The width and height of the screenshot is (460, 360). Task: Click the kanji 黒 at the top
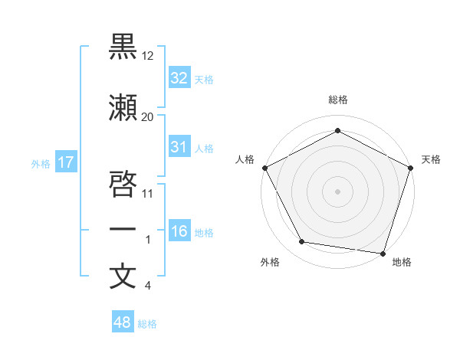click(x=123, y=46)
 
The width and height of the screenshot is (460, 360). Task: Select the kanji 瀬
click(x=123, y=109)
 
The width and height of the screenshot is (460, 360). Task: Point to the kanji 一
click(x=123, y=229)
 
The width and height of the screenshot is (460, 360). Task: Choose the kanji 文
click(x=123, y=276)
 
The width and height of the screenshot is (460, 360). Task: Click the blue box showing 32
click(x=179, y=77)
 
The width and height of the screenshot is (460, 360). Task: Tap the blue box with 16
click(x=179, y=231)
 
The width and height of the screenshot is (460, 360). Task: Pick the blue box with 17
click(x=65, y=162)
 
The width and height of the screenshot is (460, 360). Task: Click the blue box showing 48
click(x=123, y=322)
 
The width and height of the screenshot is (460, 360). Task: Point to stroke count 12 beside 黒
click(x=149, y=55)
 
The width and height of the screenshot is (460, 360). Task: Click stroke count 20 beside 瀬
click(x=147, y=116)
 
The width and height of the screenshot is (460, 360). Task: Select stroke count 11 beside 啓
click(x=148, y=193)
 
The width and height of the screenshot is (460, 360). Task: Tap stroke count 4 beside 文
click(x=147, y=286)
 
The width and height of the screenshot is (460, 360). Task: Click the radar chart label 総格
click(x=337, y=100)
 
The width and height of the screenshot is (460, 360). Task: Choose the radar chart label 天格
click(x=431, y=159)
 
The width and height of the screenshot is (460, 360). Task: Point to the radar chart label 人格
click(x=245, y=159)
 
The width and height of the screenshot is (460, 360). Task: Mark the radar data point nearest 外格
click(x=302, y=242)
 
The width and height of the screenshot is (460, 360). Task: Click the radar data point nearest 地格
click(x=383, y=253)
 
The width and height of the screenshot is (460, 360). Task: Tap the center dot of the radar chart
click(x=337, y=191)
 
